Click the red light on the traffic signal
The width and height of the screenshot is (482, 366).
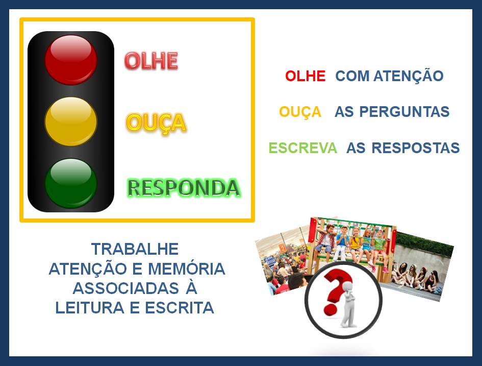coord(71,60)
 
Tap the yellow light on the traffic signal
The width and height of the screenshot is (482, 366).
coord(71,121)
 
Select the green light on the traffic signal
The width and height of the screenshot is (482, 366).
coord(71,183)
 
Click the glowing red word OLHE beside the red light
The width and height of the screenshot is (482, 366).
coord(151,61)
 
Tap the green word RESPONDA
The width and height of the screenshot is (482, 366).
coord(184,188)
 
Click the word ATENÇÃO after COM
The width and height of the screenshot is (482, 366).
coord(408,76)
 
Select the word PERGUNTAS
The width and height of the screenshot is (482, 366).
coord(404,112)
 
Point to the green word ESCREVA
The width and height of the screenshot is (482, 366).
coord(303,148)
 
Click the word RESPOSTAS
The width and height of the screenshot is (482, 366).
coord(416,148)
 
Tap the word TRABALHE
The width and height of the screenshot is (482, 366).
coord(135,249)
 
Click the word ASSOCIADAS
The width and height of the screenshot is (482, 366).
coord(125,288)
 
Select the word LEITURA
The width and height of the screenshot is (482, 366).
coord(90,308)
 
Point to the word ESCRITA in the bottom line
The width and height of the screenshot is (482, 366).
coord(180,308)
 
